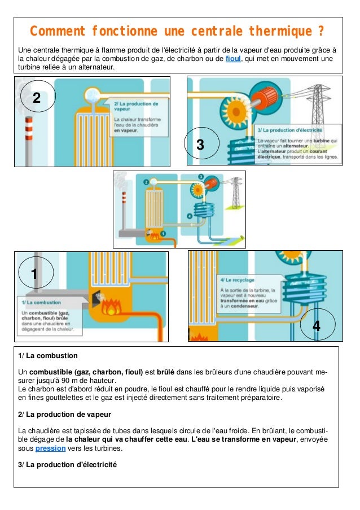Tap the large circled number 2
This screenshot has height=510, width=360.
(x=37, y=98)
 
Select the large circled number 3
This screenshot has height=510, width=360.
(x=199, y=145)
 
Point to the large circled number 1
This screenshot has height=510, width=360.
(x=34, y=274)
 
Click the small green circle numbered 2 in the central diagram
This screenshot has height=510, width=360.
(x=147, y=182)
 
